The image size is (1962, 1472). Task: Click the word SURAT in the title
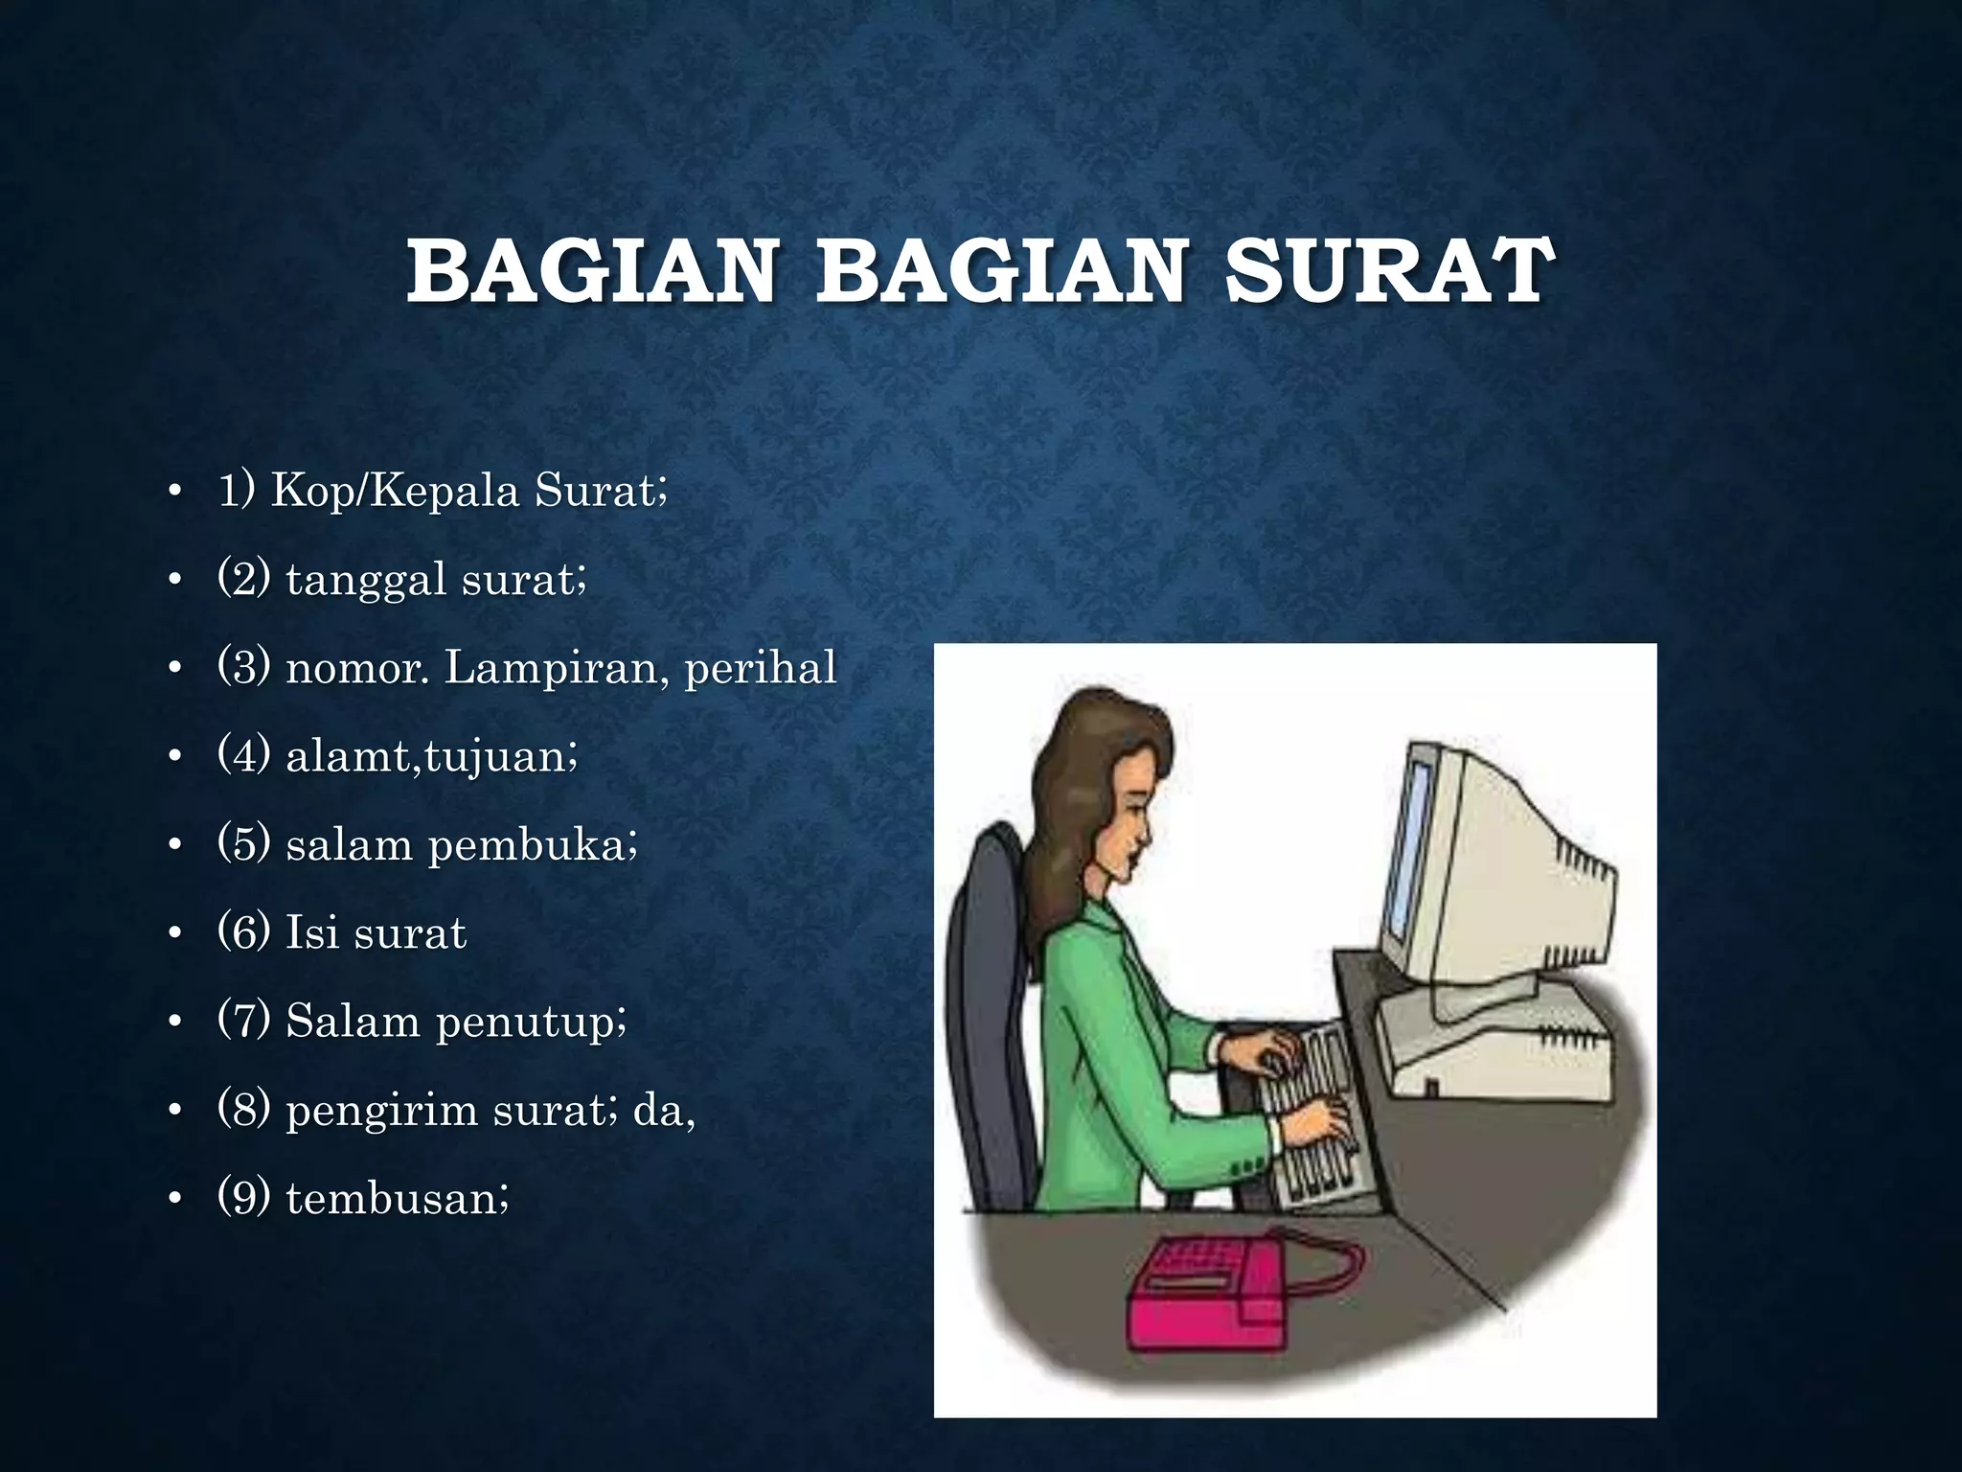(1389, 272)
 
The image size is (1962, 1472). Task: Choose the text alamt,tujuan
(431, 757)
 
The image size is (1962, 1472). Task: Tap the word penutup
(531, 1022)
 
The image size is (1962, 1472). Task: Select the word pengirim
(381, 1111)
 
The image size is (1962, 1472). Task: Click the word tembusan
(396, 1199)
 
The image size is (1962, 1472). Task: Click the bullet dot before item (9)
(173, 1200)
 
